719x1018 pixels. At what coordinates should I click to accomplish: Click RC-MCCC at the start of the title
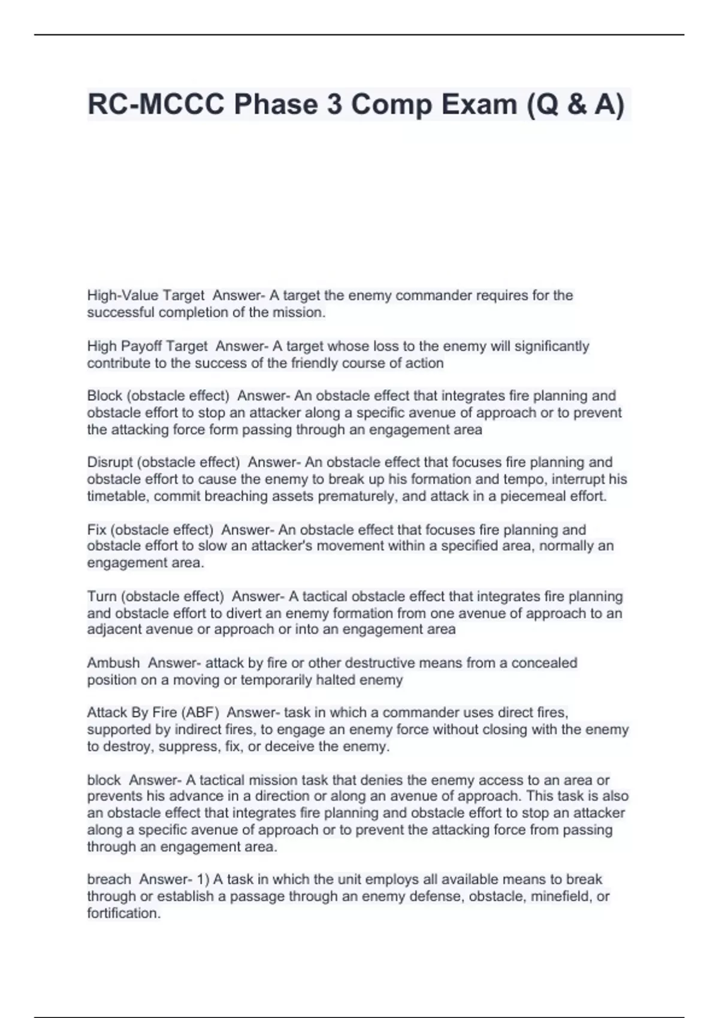(x=156, y=105)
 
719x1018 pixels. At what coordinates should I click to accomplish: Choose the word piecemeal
(x=531, y=496)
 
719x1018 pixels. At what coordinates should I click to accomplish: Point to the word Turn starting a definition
(x=101, y=596)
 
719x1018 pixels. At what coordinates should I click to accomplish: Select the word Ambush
(x=113, y=663)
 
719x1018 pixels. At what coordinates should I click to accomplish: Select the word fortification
(x=123, y=913)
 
